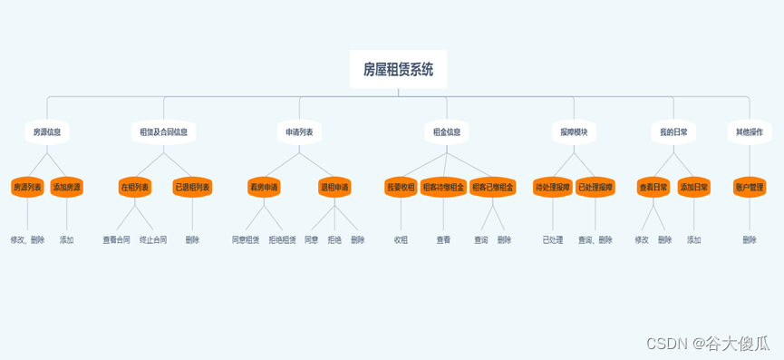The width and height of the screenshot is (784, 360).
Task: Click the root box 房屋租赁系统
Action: coord(398,69)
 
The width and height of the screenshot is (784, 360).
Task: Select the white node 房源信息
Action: coord(47,131)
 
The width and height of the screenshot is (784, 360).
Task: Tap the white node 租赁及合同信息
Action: coord(163,131)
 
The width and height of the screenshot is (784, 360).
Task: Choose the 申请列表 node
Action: coord(299,131)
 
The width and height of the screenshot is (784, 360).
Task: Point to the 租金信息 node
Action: coord(446,131)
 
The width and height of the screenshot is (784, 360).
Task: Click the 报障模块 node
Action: coord(574,131)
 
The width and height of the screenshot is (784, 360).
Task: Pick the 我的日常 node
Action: coord(673,131)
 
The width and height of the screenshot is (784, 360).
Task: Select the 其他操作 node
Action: coord(749,131)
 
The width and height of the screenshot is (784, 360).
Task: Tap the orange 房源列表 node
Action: coord(27,187)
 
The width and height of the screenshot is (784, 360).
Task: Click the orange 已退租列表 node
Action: coord(192,187)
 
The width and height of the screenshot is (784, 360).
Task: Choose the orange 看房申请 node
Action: coord(264,187)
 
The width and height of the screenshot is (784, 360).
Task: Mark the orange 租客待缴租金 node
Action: coord(443,187)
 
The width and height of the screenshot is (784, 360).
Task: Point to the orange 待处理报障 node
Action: coord(553,187)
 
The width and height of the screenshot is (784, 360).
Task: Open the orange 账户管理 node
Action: coord(749,187)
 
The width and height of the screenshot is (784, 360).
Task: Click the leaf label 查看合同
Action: coord(116,240)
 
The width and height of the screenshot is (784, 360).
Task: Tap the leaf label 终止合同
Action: coord(153,240)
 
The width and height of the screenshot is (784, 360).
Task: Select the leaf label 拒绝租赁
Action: coord(282,240)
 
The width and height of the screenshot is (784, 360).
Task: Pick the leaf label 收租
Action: coord(401,240)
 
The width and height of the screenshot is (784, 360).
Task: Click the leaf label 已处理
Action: coord(553,240)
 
